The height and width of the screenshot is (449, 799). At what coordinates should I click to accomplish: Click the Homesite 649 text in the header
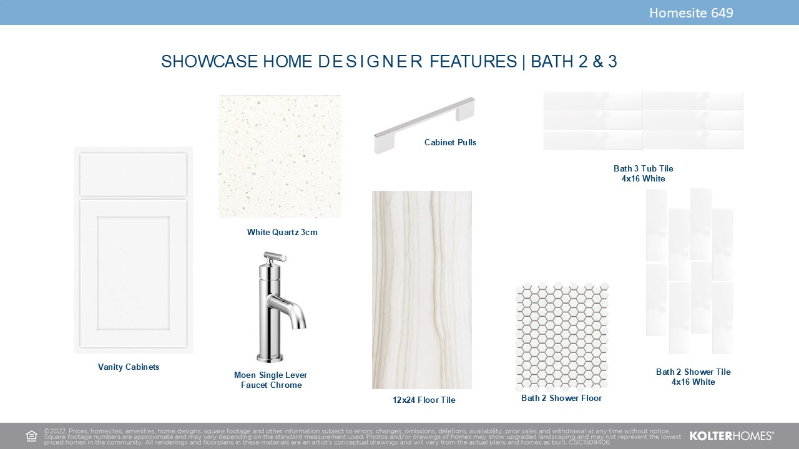(x=691, y=13)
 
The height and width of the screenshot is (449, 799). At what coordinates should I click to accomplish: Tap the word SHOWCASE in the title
(x=209, y=61)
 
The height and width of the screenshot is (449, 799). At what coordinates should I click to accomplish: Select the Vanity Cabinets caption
(x=129, y=367)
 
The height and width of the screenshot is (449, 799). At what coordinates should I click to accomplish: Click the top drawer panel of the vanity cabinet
(x=134, y=174)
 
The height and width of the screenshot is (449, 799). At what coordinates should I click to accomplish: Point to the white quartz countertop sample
(x=280, y=156)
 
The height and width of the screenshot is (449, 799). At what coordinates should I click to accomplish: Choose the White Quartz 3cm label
(x=282, y=232)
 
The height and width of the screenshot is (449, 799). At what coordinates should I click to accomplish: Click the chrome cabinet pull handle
(x=424, y=125)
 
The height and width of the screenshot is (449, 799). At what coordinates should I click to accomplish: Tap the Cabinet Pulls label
(x=450, y=142)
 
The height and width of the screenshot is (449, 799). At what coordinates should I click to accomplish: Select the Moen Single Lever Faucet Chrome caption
(x=271, y=380)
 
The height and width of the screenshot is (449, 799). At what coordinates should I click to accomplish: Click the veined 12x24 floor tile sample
(x=422, y=290)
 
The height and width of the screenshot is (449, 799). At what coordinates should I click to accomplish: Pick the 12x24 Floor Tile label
(x=424, y=400)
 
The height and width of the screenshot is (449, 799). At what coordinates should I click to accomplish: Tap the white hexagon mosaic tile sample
(x=562, y=336)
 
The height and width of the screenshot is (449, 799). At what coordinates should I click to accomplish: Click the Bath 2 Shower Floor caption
(x=561, y=398)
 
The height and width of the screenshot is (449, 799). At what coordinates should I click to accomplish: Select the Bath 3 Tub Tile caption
(x=643, y=173)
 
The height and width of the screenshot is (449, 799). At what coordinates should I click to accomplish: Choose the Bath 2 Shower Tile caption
(x=693, y=377)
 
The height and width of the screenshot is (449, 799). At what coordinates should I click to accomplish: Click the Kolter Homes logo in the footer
(x=732, y=436)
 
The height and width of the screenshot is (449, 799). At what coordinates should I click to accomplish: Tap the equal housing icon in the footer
(x=31, y=436)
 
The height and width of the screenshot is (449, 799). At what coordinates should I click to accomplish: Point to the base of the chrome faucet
(x=270, y=357)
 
